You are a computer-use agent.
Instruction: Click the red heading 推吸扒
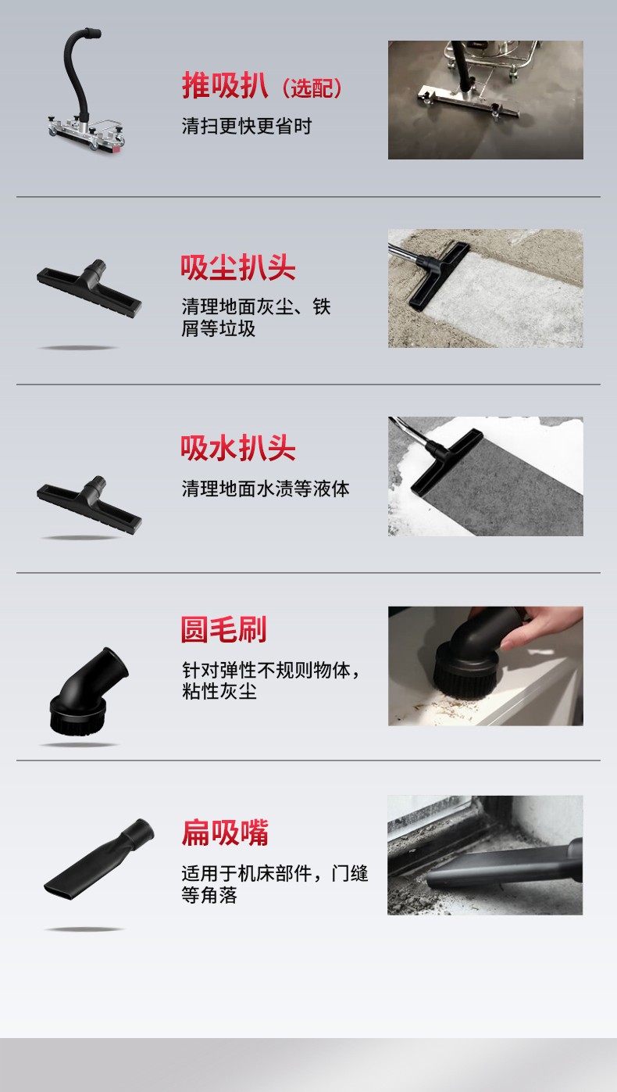[225, 86]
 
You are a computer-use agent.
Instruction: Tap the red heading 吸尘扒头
[238, 268]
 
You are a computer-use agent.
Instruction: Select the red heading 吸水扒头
[238, 449]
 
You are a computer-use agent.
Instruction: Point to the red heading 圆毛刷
[223, 630]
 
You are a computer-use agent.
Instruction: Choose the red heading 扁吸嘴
[225, 832]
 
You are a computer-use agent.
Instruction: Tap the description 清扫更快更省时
[247, 126]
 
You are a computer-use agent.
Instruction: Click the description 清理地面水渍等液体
[266, 489]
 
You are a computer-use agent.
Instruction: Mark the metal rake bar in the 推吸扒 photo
[469, 100]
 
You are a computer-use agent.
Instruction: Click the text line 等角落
[209, 896]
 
